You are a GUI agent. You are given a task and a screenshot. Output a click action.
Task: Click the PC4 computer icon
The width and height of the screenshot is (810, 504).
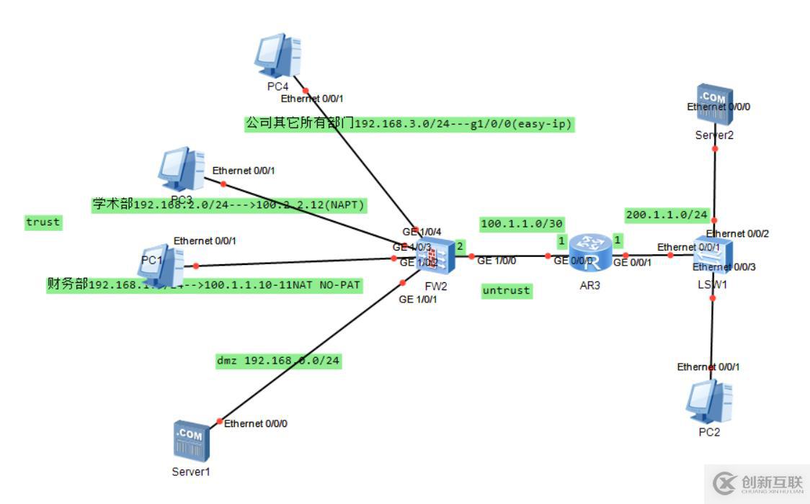[277, 55]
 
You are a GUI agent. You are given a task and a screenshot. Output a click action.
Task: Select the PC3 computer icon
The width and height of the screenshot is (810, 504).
[181, 168]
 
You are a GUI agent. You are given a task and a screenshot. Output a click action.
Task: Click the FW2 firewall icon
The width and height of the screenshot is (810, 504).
[437, 256]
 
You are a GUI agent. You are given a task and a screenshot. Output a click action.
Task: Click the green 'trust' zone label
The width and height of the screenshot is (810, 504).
[43, 222]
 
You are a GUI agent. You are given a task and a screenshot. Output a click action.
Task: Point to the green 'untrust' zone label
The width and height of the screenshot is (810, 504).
[507, 291]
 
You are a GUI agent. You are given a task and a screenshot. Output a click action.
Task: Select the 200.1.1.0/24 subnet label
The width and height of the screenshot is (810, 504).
[667, 215]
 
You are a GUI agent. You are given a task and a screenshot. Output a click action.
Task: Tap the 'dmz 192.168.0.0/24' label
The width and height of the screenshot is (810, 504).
[278, 361]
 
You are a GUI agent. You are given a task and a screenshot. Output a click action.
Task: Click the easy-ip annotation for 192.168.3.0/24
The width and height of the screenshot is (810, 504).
[409, 124]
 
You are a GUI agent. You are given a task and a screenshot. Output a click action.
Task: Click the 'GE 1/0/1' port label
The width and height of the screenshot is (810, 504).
[417, 300]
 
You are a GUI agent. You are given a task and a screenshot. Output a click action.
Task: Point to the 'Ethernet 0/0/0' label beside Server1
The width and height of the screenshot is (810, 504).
[256, 423]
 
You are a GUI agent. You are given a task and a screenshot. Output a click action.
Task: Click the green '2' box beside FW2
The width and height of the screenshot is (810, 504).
[459, 246]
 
